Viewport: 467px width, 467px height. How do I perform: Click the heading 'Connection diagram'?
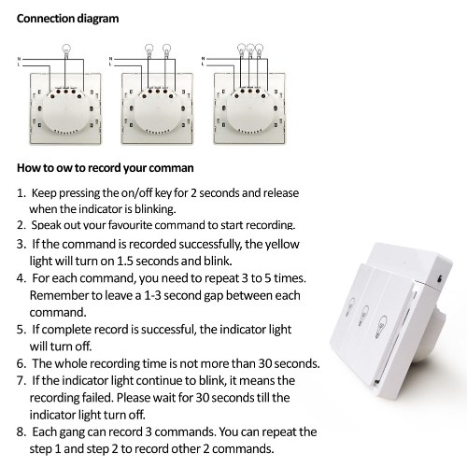point(67,19)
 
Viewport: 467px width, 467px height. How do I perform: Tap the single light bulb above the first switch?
point(66,50)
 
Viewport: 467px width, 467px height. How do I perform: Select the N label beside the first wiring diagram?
point(19,59)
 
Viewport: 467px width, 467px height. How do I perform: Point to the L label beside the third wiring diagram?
point(203,64)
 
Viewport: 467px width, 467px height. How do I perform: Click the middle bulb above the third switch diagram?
point(250,50)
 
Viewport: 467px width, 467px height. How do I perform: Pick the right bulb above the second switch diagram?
point(166,50)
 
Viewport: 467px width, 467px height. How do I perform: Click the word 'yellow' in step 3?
point(282,245)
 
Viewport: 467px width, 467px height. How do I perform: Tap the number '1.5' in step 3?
point(125,261)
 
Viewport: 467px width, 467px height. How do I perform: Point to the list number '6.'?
point(21,363)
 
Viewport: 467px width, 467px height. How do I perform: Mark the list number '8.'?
point(21,432)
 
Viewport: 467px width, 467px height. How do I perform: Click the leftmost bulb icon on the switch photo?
point(350,307)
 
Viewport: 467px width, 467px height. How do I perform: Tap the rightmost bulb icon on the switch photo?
point(380,326)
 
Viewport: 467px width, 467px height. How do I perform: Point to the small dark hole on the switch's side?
point(439,278)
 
